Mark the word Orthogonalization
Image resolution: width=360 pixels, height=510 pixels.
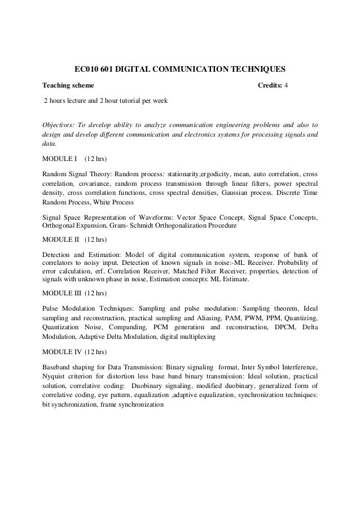[x=189, y=225]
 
